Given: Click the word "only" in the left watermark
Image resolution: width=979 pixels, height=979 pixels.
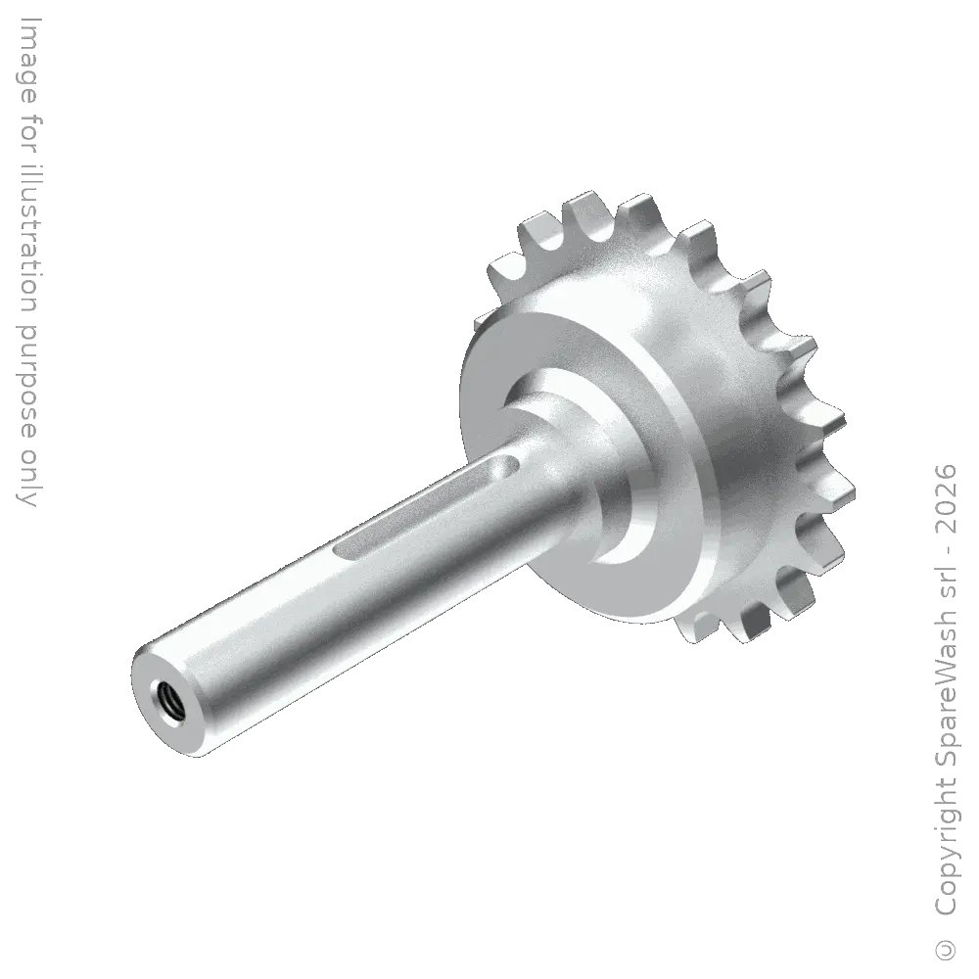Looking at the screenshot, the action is click(x=27, y=478).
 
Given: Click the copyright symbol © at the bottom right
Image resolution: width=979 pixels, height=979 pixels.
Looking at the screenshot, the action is click(x=947, y=949).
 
